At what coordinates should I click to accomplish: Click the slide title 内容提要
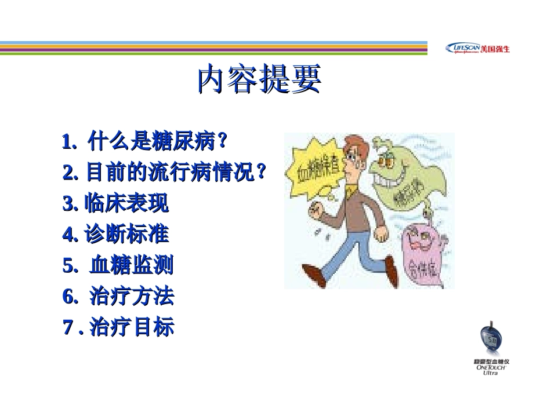click(259, 79)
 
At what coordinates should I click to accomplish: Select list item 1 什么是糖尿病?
click(145, 141)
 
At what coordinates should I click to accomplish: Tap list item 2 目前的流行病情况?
click(165, 171)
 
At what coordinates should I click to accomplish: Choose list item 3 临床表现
click(116, 203)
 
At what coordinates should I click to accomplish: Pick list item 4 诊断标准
click(116, 235)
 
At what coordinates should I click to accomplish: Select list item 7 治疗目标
click(118, 328)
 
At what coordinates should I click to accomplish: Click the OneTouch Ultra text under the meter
click(491, 370)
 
